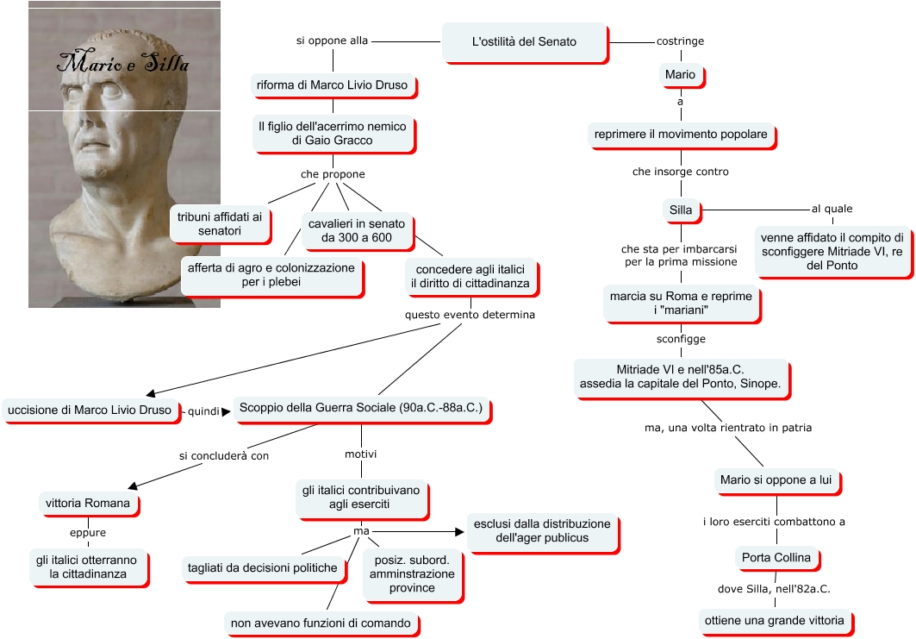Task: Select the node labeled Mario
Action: point(680,75)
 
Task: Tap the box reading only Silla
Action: point(680,210)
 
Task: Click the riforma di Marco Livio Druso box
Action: point(332,85)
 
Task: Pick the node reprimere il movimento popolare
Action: point(680,135)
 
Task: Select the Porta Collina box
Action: point(776,558)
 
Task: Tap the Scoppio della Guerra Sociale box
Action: point(360,408)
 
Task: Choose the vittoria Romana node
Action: point(87,503)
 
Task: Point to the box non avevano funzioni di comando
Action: point(322,623)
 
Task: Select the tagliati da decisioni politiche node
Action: point(263,567)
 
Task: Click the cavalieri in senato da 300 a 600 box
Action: point(357,230)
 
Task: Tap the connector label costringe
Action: point(680,41)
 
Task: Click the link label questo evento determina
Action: point(470,315)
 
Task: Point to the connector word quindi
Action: point(204,411)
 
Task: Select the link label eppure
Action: point(87,532)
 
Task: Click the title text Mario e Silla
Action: point(123,63)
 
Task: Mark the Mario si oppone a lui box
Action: point(776,480)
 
